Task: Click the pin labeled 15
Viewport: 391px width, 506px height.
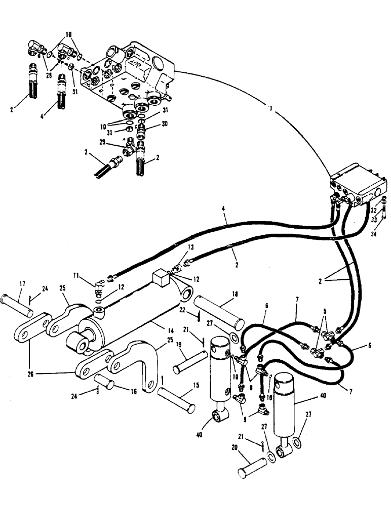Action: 175,398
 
